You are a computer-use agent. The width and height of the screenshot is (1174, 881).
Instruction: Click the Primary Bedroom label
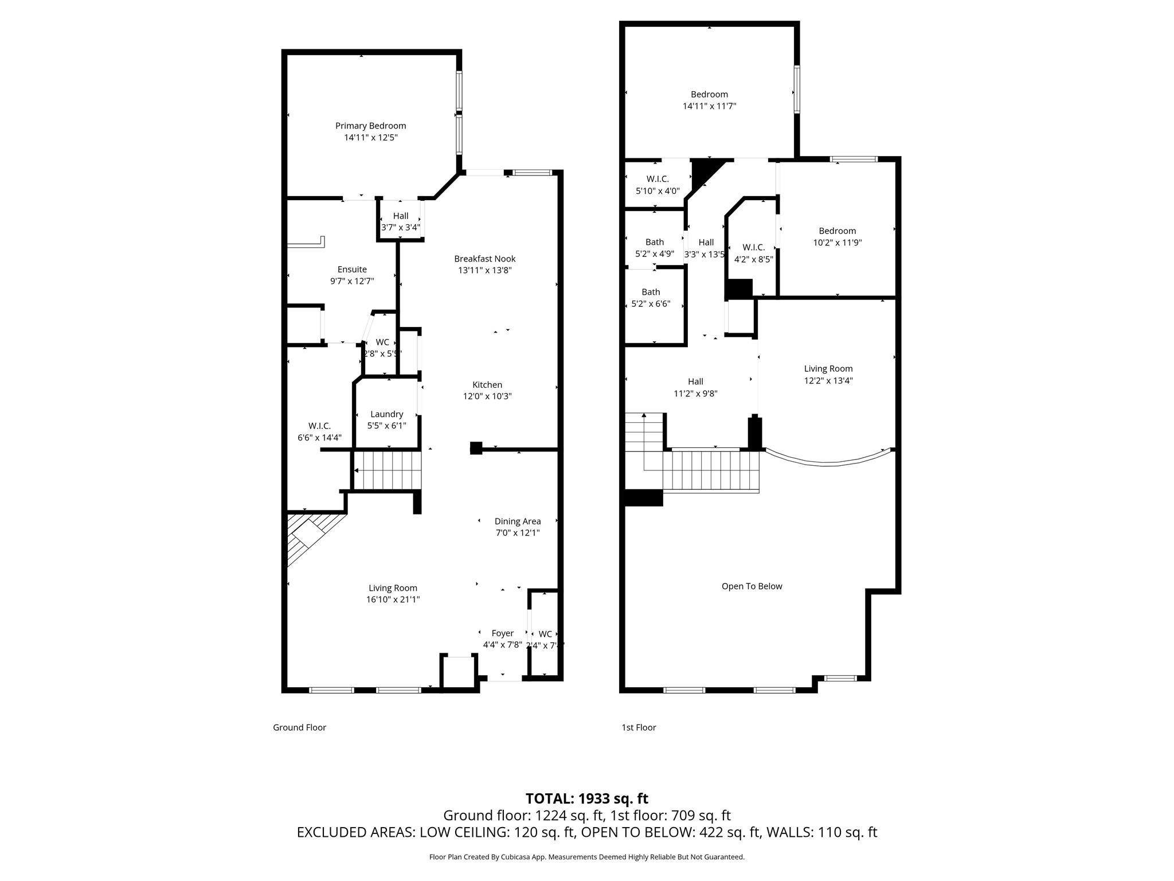[x=370, y=126]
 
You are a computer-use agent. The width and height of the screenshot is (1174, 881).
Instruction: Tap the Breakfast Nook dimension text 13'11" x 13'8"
[x=484, y=270]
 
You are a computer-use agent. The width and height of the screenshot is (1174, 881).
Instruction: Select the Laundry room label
[x=386, y=414]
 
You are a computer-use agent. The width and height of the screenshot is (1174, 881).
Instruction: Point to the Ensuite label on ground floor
[x=352, y=269]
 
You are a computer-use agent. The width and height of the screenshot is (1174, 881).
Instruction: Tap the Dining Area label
[x=517, y=521]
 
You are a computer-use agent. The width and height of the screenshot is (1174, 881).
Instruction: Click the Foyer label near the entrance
[x=502, y=633]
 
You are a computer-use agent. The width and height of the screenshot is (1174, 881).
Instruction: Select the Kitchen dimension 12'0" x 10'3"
[x=487, y=396]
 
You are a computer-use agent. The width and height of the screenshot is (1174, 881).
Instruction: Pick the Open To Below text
[x=752, y=586]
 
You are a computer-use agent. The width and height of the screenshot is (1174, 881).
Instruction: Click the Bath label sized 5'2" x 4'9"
[x=654, y=242]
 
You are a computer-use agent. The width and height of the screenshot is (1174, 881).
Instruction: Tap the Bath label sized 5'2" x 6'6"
[x=651, y=292]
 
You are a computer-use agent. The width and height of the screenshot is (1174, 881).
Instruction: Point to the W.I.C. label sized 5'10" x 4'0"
[x=658, y=179]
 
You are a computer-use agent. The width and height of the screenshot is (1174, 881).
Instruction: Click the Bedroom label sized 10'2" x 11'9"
[x=837, y=231]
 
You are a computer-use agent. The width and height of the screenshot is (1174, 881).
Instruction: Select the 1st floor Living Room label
[x=828, y=369]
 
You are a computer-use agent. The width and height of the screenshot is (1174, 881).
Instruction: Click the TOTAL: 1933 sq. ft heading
[x=586, y=798]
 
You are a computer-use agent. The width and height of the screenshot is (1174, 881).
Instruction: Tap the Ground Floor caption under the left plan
[x=299, y=727]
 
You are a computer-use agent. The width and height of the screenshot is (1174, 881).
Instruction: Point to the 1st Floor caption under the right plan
[x=639, y=727]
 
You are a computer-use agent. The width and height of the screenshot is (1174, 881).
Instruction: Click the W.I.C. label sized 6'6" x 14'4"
[x=319, y=426]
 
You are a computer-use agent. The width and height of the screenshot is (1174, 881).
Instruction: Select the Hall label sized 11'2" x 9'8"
[x=695, y=381]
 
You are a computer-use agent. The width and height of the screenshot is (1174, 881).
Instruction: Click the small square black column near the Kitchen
[x=476, y=448]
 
